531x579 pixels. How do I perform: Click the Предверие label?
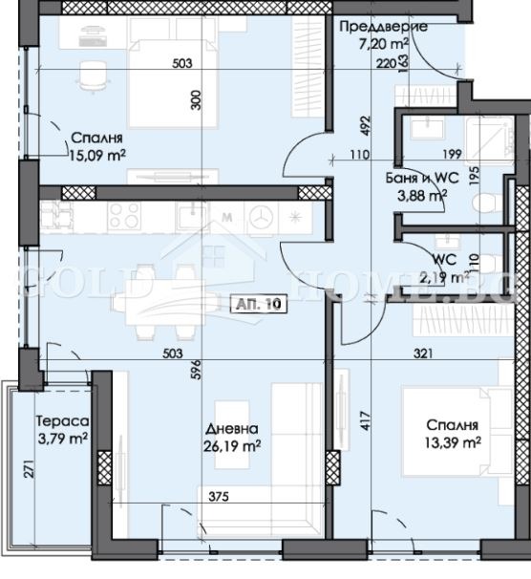(382, 27)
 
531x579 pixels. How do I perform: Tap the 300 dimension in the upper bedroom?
(196, 103)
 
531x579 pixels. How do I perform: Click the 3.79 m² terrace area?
(62, 440)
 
